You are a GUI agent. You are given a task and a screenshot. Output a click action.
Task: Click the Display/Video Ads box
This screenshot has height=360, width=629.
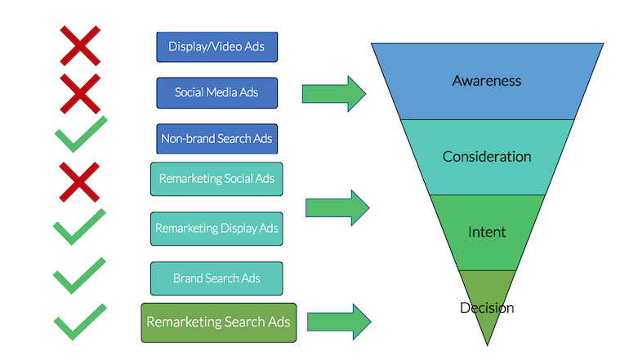(216, 47)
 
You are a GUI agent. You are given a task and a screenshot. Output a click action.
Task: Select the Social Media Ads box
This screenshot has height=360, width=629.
(216, 92)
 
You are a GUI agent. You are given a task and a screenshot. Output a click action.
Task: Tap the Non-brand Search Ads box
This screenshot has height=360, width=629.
(216, 139)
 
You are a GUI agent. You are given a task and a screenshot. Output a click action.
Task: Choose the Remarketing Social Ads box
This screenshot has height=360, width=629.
(216, 179)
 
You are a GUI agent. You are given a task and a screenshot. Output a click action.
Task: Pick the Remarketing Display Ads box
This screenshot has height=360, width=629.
(216, 229)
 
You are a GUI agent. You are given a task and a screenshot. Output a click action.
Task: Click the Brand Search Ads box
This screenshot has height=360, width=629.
(216, 278)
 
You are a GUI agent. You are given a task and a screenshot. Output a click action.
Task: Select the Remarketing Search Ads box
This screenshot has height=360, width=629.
(218, 322)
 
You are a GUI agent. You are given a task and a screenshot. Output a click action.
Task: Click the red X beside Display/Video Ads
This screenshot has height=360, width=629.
(80, 46)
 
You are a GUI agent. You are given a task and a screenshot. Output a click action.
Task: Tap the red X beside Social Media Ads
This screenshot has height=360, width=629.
(80, 91)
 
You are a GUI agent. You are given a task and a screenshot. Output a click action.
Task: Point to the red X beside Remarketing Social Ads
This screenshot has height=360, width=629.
(80, 180)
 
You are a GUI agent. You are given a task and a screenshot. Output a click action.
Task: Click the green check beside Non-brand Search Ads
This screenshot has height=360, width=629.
(80, 135)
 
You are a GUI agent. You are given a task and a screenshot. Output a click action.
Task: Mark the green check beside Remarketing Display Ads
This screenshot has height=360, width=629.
(78, 227)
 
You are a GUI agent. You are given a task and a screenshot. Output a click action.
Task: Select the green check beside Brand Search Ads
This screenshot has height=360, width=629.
(79, 276)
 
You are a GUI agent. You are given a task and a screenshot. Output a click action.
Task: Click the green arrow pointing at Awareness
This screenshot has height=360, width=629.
(333, 93)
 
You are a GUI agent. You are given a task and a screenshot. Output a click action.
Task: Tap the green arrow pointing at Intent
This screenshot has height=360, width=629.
(337, 207)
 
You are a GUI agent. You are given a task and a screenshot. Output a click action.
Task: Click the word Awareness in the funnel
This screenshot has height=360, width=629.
(487, 81)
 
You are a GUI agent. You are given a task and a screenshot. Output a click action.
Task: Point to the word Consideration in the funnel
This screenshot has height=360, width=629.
(487, 156)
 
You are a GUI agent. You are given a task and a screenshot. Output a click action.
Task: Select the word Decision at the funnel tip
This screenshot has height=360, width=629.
(487, 308)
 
